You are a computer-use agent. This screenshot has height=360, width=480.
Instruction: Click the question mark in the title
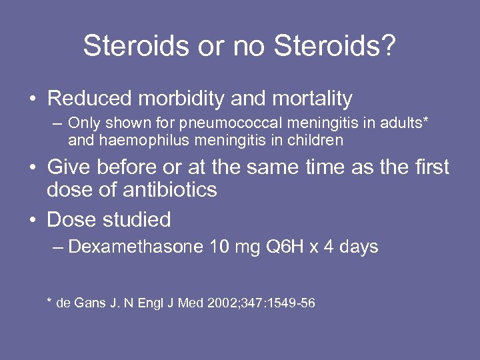point(389,46)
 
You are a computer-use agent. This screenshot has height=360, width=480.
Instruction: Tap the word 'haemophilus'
point(149,140)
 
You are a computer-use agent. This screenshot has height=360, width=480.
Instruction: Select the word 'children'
point(313,140)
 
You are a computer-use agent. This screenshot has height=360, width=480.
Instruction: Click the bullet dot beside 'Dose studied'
point(33,220)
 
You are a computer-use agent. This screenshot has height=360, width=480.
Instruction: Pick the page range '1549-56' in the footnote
point(288,303)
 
